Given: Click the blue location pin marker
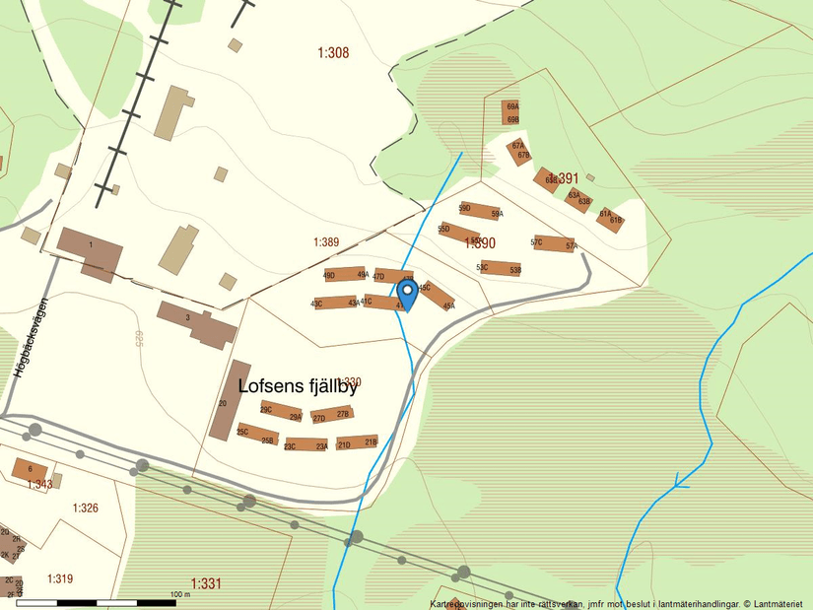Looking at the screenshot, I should [406, 292].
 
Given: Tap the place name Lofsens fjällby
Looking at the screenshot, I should [298, 387].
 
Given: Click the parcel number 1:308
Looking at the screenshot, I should [333, 53].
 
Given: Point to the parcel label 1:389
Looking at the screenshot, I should [326, 242].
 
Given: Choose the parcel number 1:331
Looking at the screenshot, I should [206, 583].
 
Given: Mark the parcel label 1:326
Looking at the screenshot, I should [86, 508].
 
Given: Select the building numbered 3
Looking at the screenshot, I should [196, 324].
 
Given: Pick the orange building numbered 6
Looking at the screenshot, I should [30, 469].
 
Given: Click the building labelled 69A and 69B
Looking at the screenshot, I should [511, 112].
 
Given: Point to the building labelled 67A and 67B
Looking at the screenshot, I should [519, 151].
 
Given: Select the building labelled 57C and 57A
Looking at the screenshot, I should [554, 243].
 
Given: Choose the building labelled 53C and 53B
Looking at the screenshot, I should [500, 268].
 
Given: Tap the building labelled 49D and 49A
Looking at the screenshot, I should [346, 275].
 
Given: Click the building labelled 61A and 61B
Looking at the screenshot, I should [610, 218].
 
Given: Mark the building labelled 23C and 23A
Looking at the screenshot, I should [305, 445].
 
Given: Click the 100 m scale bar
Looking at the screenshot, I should [97, 601].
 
